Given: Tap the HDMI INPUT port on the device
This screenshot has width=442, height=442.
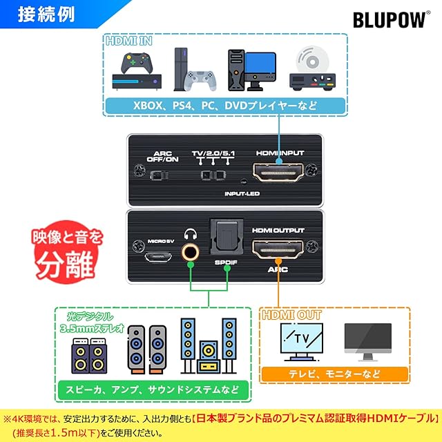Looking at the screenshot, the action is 278,172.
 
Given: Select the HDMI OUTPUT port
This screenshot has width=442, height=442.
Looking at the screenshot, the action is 278,249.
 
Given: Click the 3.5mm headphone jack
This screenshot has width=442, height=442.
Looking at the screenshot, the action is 191,252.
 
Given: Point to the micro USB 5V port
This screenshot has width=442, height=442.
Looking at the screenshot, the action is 158,256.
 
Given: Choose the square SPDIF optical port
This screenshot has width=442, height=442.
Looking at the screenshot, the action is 227,237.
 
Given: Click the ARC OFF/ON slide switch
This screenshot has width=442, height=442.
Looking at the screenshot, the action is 159,175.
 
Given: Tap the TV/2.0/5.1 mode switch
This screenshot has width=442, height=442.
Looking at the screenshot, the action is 213,175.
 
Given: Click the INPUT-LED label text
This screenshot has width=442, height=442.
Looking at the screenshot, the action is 242,193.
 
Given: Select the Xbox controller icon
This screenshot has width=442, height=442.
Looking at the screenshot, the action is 137,63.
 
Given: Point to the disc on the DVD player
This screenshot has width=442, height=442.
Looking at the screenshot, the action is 313,60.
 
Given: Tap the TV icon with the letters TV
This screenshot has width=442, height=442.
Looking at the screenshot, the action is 302,342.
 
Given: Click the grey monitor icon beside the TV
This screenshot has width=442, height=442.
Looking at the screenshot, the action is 368,342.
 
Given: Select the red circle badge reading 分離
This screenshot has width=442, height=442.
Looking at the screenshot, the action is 67,251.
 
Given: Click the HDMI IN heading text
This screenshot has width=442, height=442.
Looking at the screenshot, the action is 129,41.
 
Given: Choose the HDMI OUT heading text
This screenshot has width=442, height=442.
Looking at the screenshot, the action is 291,315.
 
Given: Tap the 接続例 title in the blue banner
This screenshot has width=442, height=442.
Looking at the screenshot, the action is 46,14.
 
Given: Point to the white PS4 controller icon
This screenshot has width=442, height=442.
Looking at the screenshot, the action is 200,80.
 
